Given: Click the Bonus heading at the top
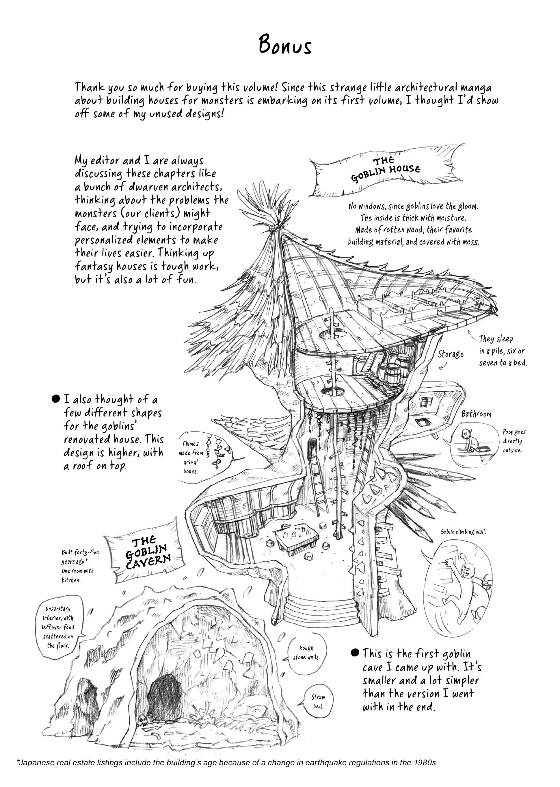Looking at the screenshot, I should point(285,46).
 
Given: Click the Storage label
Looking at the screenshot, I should point(451,354).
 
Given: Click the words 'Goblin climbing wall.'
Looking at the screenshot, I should point(463,532).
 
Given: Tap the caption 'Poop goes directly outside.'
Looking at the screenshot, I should point(514,441).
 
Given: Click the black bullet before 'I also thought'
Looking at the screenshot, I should point(55,399).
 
